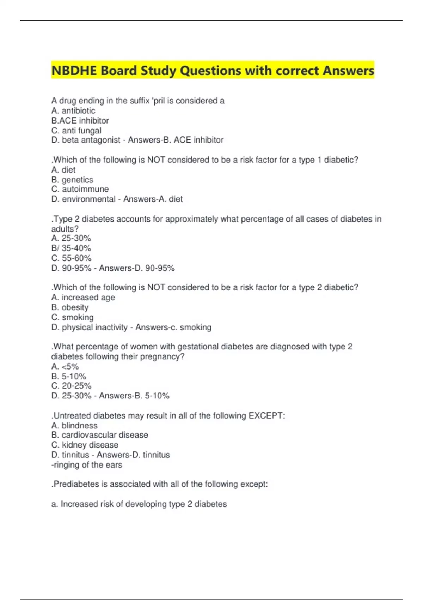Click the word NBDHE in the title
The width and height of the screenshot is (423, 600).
coord(74,71)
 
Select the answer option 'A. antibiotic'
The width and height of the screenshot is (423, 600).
coord(73,110)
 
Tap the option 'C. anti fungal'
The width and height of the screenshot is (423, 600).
coord(76,130)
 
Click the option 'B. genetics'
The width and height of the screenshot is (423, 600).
coord(72,180)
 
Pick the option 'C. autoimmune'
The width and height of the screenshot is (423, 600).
coord(80,189)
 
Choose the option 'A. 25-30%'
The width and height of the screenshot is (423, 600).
coord(71,239)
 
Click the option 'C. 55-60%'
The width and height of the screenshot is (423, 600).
coord(71,258)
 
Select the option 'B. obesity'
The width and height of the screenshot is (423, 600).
coord(70,307)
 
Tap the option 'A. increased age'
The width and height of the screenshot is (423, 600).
coord(83,298)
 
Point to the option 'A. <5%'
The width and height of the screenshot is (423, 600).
coord(65,366)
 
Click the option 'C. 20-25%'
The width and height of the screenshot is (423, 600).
coord(71,386)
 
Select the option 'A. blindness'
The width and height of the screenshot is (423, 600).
coord(74,425)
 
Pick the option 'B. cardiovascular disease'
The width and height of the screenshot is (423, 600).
coord(100,435)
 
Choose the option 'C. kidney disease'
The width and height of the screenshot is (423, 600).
coord(85,445)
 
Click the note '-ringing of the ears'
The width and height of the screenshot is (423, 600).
coord(87,465)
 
